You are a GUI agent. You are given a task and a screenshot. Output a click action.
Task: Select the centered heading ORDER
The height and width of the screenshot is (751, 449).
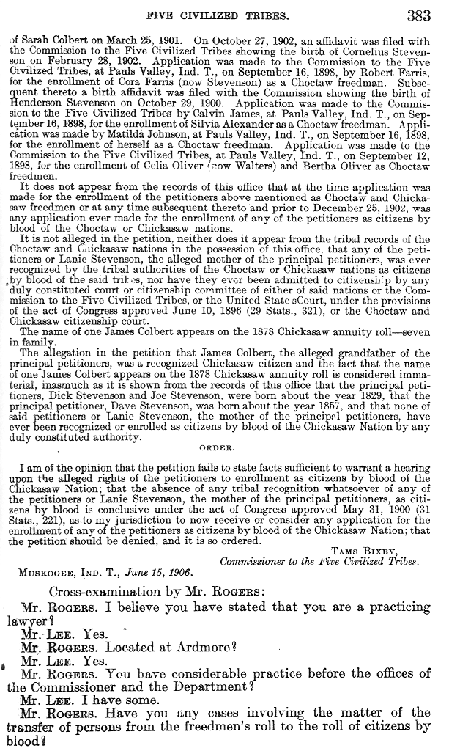tap(217, 447)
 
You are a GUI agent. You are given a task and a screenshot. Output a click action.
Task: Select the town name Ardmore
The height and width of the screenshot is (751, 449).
tap(198, 648)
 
